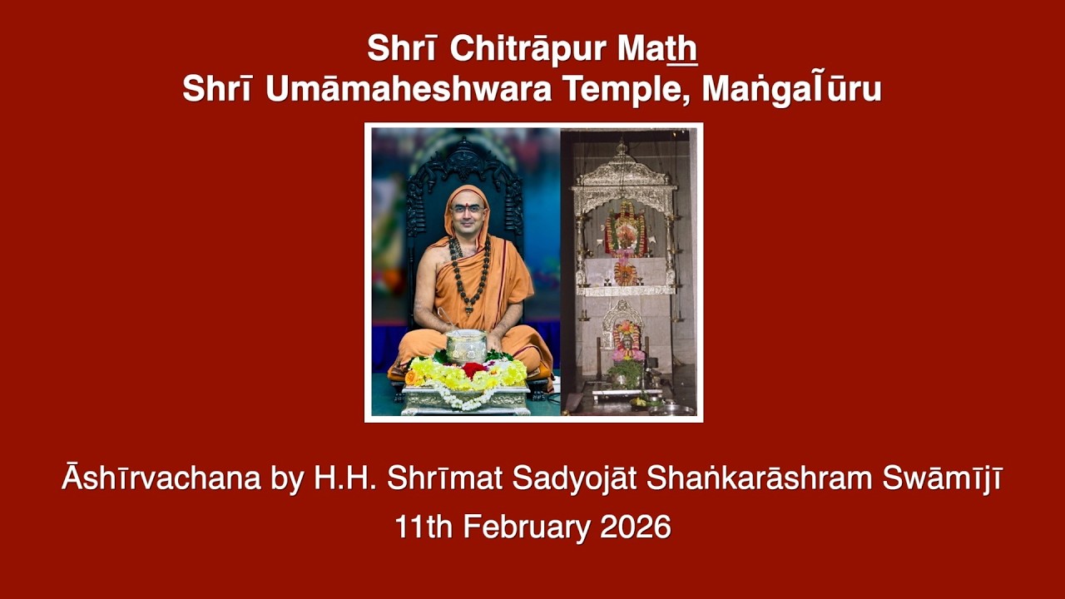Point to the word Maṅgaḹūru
tap(791, 89)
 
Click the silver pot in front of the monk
tap(466, 345)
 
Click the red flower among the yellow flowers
tap(473, 369)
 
